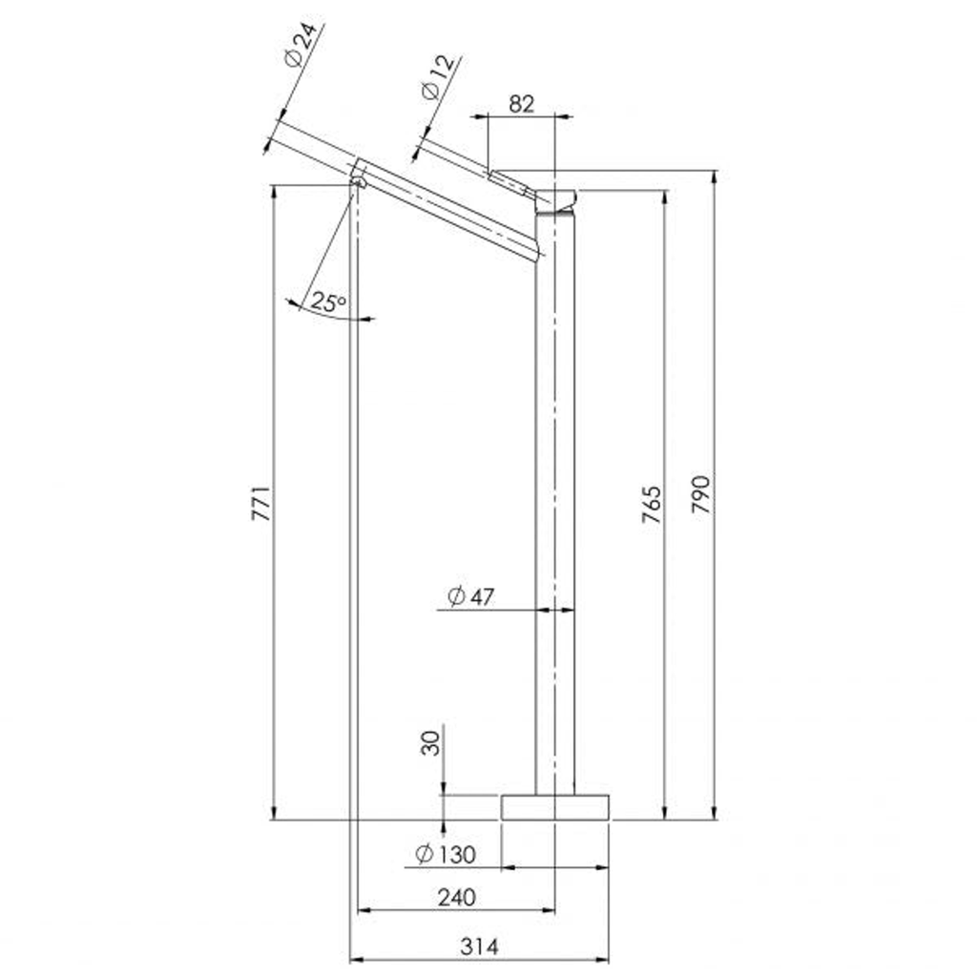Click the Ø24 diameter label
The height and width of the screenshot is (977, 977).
[x=301, y=44]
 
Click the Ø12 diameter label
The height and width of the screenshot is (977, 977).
[x=439, y=77]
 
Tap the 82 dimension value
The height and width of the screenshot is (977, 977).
[x=522, y=103]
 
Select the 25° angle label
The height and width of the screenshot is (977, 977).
[x=328, y=302]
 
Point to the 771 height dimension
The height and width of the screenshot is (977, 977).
[x=261, y=503]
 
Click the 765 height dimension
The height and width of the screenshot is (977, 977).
[x=652, y=504]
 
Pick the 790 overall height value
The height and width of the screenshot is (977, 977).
[x=701, y=494]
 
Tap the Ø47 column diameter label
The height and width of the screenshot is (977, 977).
[x=471, y=596]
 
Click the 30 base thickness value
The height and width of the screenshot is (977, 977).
[x=430, y=743]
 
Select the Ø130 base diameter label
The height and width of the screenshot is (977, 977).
[x=446, y=854]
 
